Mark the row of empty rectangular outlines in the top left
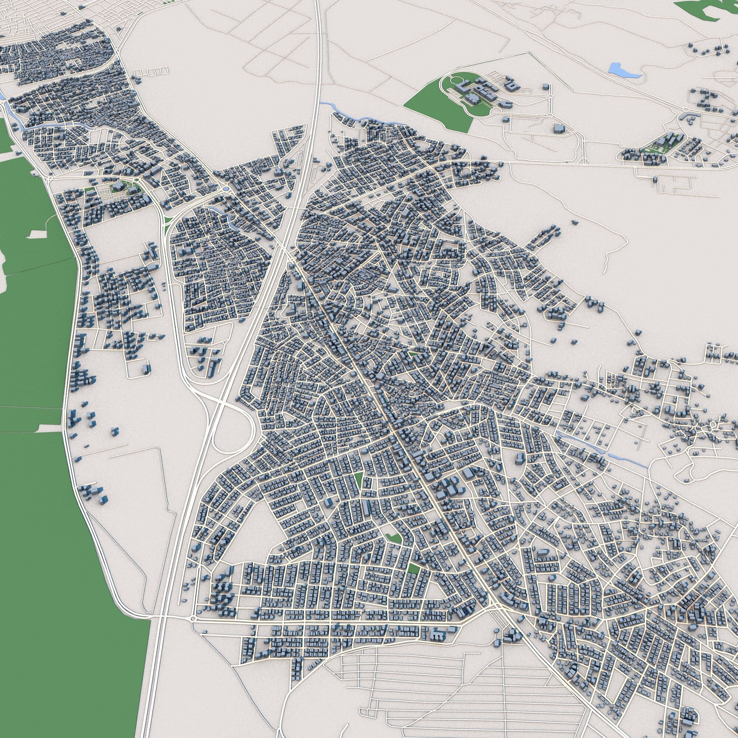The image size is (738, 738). pyautogui.click(x=151, y=72)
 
